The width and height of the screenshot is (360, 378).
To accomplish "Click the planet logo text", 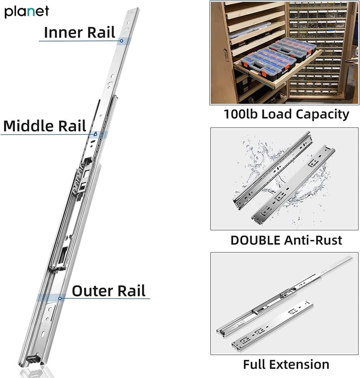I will pyautogui.click(x=27, y=12).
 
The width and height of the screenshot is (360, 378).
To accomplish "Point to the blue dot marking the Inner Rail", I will pyautogui.click(x=121, y=40).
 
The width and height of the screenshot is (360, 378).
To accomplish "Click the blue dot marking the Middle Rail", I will pyautogui.click(x=95, y=134).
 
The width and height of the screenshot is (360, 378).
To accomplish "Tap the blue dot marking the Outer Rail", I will pyautogui.click(x=60, y=297).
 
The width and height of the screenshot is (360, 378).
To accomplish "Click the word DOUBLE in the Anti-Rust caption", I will pyautogui.click(x=255, y=240).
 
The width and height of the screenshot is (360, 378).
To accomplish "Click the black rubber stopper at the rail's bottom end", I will pyautogui.click(x=32, y=359).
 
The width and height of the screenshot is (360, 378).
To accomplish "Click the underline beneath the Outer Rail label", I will pyautogui.click(x=103, y=299).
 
